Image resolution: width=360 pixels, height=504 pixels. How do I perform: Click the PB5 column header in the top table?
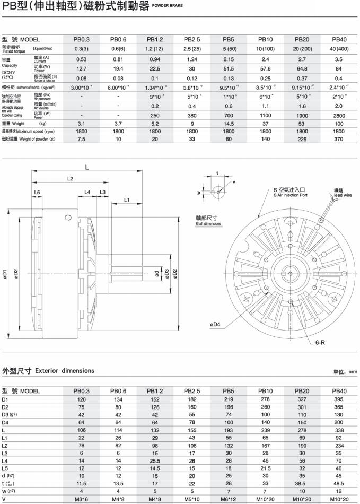[229, 39]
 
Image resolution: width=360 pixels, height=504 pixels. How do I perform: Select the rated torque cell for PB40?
[339, 49]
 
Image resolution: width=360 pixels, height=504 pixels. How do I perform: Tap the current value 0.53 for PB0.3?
[81, 59]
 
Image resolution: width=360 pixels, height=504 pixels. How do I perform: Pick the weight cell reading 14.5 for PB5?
[229, 124]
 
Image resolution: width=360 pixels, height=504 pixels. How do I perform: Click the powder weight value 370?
[339, 138]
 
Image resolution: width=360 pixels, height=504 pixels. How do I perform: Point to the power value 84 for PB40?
[339, 68]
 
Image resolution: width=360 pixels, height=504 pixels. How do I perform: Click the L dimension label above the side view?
[87, 167]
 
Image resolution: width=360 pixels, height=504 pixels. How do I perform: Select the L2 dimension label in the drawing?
[70, 179]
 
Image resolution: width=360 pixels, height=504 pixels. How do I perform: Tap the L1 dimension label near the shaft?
[127, 199]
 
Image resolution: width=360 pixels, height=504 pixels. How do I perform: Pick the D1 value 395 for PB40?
[339, 399]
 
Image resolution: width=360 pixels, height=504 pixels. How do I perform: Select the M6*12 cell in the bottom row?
[229, 499]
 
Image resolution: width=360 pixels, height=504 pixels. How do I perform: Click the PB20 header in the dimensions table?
[302, 391]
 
